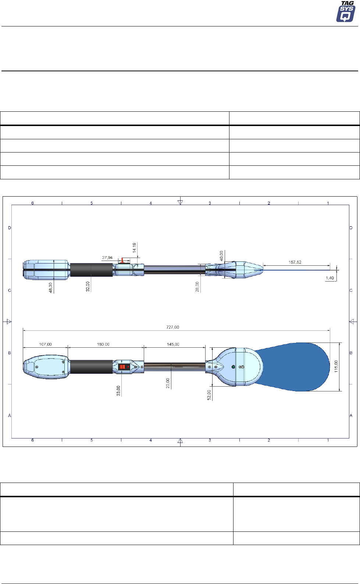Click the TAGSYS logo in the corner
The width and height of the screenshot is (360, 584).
346,11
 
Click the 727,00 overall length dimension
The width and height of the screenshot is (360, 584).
173,327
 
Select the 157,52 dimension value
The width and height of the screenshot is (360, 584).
295,262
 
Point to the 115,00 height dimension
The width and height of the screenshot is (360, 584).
336,366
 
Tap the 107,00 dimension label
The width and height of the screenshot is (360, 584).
45,344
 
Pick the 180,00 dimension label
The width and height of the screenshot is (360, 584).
103,344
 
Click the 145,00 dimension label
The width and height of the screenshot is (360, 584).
173,344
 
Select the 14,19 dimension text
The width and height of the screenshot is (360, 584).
134,248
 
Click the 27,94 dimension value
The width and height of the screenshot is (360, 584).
107,258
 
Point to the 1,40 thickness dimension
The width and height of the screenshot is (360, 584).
330,278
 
